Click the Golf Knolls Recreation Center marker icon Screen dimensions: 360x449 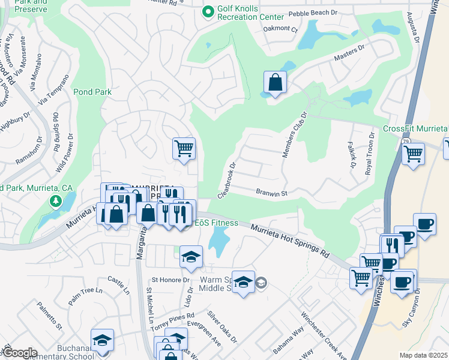click(208, 11)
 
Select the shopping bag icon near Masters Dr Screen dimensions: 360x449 click(274, 83)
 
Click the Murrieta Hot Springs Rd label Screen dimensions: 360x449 click(290, 241)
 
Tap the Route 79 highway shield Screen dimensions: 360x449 click(406, 141)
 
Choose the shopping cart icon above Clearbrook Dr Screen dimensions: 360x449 click(184, 148)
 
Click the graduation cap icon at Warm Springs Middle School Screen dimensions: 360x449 click(243, 281)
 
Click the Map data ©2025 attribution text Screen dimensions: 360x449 click(423, 355)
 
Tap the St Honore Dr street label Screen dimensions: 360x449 click(170, 280)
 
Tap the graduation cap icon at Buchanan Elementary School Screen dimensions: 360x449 click(103, 340)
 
